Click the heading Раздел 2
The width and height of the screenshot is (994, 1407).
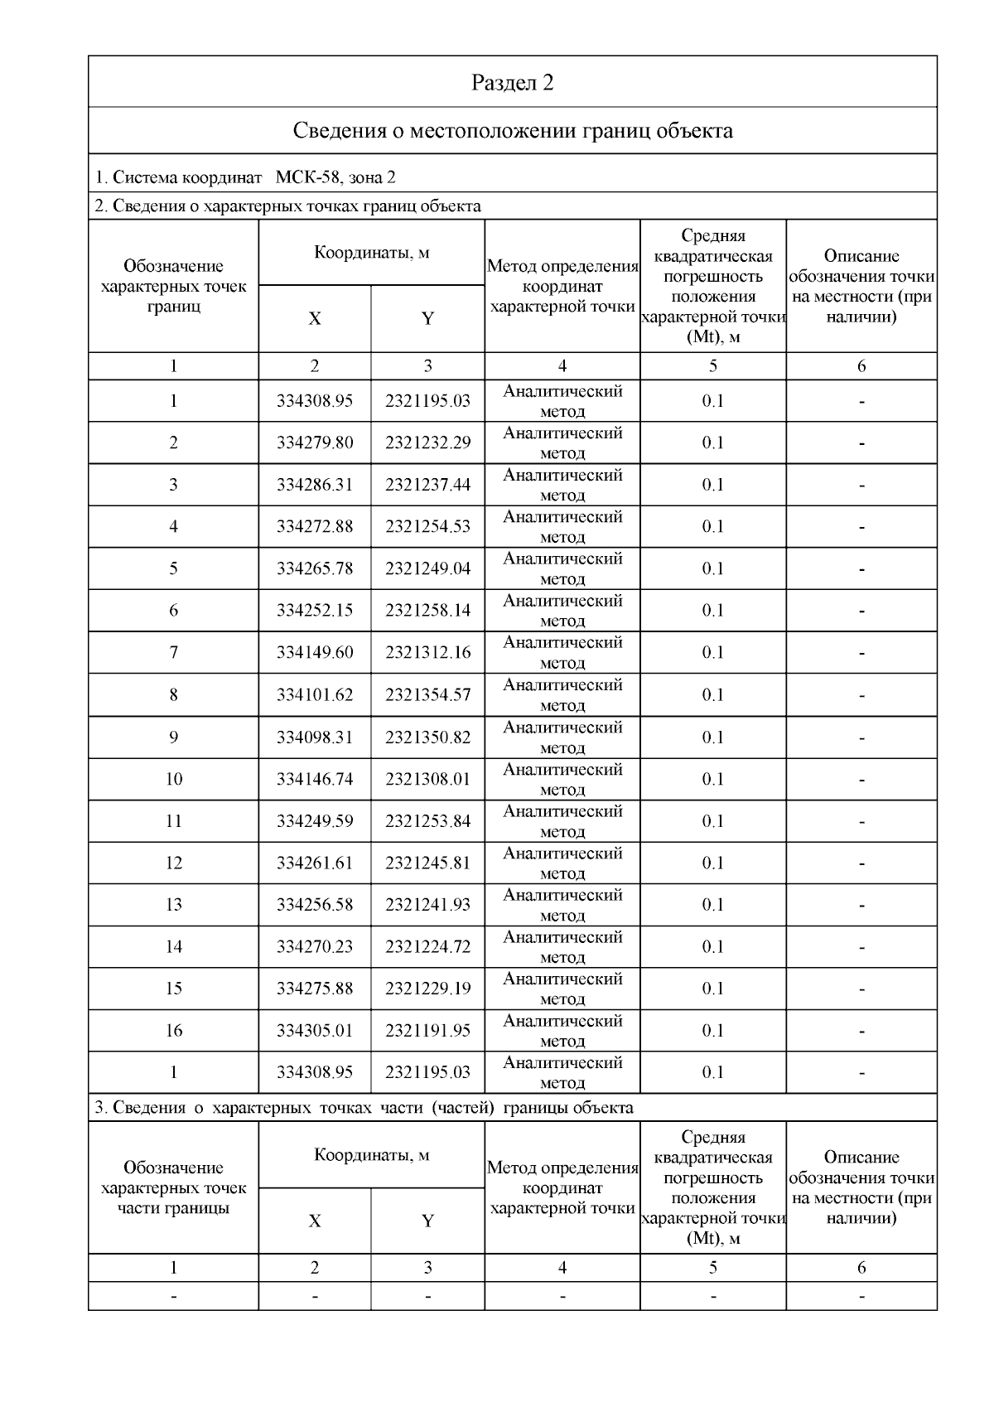tap(513, 83)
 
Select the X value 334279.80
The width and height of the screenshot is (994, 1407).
tap(315, 443)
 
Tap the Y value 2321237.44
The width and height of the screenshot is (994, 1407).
tap(427, 485)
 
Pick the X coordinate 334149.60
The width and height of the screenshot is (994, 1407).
tap(315, 653)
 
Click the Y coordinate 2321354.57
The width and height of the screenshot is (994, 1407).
tap(427, 695)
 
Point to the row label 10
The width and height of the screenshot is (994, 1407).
tap(173, 779)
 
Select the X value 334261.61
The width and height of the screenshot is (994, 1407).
tap(315, 863)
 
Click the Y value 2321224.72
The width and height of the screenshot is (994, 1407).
tap(427, 947)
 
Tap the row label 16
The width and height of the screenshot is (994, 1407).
tap(173, 1031)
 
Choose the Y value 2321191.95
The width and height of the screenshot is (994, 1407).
tap(427, 1031)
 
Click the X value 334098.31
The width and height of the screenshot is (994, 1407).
tap(315, 737)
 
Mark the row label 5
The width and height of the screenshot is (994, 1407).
tap(173, 568)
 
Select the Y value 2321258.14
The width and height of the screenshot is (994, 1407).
tap(427, 611)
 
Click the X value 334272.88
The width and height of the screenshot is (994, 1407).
tap(315, 527)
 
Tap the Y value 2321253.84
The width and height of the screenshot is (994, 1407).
tap(427, 821)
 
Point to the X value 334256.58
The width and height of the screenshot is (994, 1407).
tap(315, 905)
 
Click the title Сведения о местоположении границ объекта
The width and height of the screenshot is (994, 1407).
tap(513, 131)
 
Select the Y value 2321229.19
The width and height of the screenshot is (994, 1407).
tap(427, 989)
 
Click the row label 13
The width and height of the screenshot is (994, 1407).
tap(173, 905)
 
